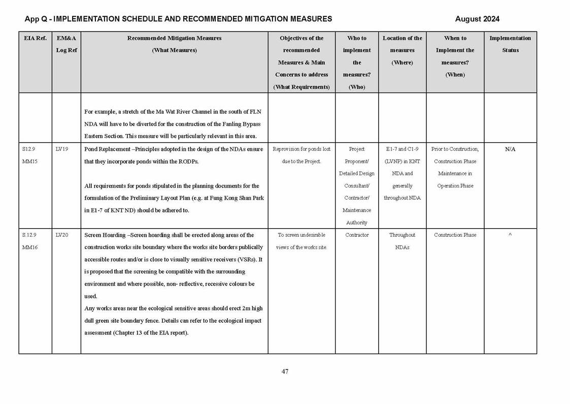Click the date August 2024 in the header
click(x=477, y=19)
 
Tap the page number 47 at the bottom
click(x=285, y=371)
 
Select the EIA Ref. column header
click(x=35, y=38)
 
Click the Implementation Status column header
click(x=510, y=44)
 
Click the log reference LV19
click(x=62, y=149)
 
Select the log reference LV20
click(x=62, y=235)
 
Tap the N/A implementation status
click(x=510, y=149)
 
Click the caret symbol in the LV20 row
click(x=510, y=235)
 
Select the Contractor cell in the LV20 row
click(x=357, y=235)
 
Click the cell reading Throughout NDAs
click(x=402, y=241)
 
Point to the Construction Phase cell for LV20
click(x=455, y=235)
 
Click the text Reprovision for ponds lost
click(x=301, y=149)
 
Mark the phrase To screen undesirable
click(x=301, y=235)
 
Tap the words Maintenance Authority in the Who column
click(x=357, y=216)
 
